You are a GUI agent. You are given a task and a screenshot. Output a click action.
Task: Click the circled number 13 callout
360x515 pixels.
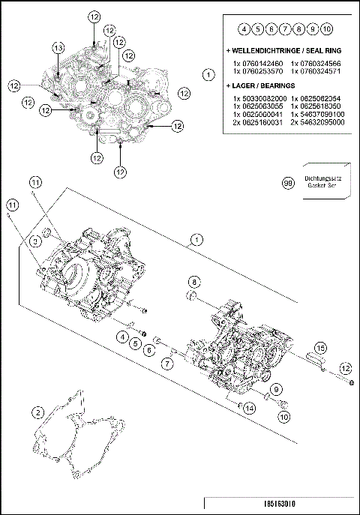click(x=58, y=47)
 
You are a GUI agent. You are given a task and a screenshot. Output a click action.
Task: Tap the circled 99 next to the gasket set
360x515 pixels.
click(x=287, y=182)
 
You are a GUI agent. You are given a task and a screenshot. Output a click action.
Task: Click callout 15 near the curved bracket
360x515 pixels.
click(x=319, y=348)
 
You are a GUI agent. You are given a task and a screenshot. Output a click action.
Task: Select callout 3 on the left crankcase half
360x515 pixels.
click(x=35, y=241)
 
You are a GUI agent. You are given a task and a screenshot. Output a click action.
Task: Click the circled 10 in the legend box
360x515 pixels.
click(x=327, y=29)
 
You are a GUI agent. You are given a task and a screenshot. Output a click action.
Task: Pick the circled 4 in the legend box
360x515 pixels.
click(x=244, y=29)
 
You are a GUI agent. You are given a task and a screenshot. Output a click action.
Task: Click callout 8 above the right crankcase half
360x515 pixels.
click(x=194, y=281)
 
